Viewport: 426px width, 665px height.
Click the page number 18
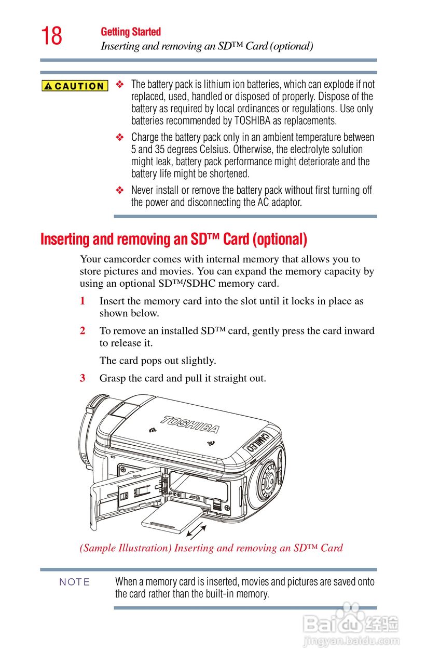coord(51,36)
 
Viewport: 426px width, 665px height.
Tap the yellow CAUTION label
coord(75,86)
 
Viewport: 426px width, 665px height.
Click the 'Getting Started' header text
coord(131,32)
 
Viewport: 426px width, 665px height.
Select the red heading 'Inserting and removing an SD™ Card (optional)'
coord(174,240)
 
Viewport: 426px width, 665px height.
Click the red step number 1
coord(83,301)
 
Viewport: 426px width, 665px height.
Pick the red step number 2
coord(83,331)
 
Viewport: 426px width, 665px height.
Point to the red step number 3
coord(83,379)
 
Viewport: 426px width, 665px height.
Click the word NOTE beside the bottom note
coord(74,582)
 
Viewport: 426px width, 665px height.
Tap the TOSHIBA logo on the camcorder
coord(189,424)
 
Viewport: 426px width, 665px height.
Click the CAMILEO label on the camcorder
coord(258,442)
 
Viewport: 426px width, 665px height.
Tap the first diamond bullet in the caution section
coord(120,84)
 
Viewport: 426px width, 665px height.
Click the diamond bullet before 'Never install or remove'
coord(120,191)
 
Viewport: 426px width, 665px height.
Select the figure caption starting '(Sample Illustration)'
coord(211,548)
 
